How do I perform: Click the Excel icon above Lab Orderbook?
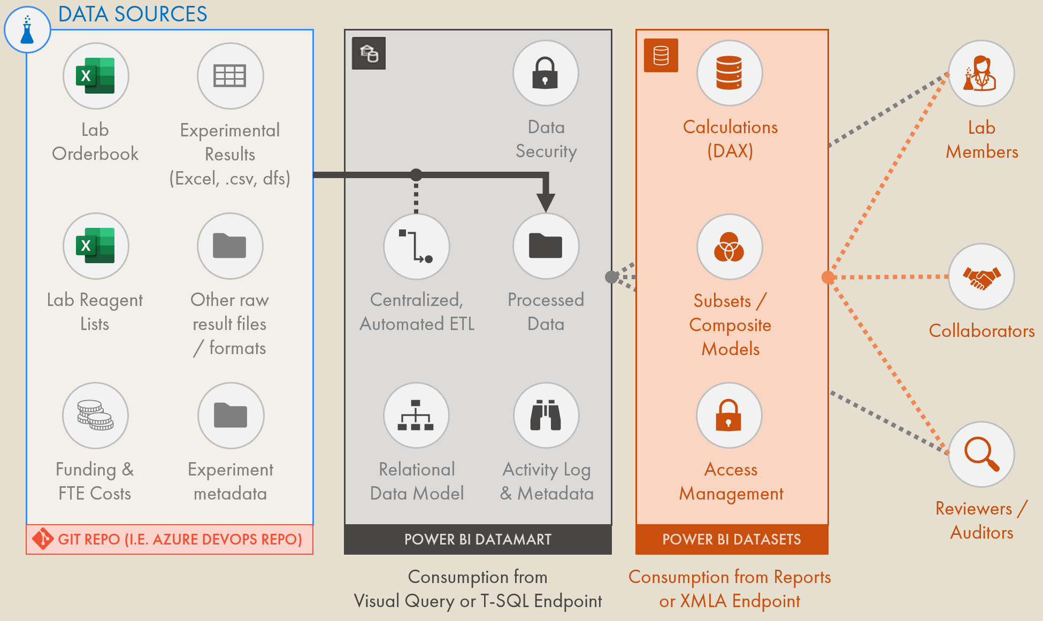[96, 76]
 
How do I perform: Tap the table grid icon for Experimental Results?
[230, 76]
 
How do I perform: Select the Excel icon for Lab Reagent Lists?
[96, 246]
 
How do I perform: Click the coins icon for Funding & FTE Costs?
[96, 416]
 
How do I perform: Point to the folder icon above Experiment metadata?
[231, 416]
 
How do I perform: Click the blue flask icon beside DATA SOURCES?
[27, 30]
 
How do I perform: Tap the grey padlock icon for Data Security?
[545, 73]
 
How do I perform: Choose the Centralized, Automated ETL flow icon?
[416, 247]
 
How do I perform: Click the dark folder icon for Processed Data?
[546, 247]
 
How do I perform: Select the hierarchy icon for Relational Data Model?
[416, 416]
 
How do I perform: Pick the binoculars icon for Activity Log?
[546, 416]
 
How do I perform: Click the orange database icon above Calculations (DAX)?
[729, 73]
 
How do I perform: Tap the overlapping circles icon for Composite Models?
[729, 247]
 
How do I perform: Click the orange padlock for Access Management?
[728, 416]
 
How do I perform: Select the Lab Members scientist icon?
[981, 74]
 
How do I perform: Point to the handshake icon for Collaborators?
[981, 277]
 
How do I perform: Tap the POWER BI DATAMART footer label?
[478, 539]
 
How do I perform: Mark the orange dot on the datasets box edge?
[828, 277]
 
